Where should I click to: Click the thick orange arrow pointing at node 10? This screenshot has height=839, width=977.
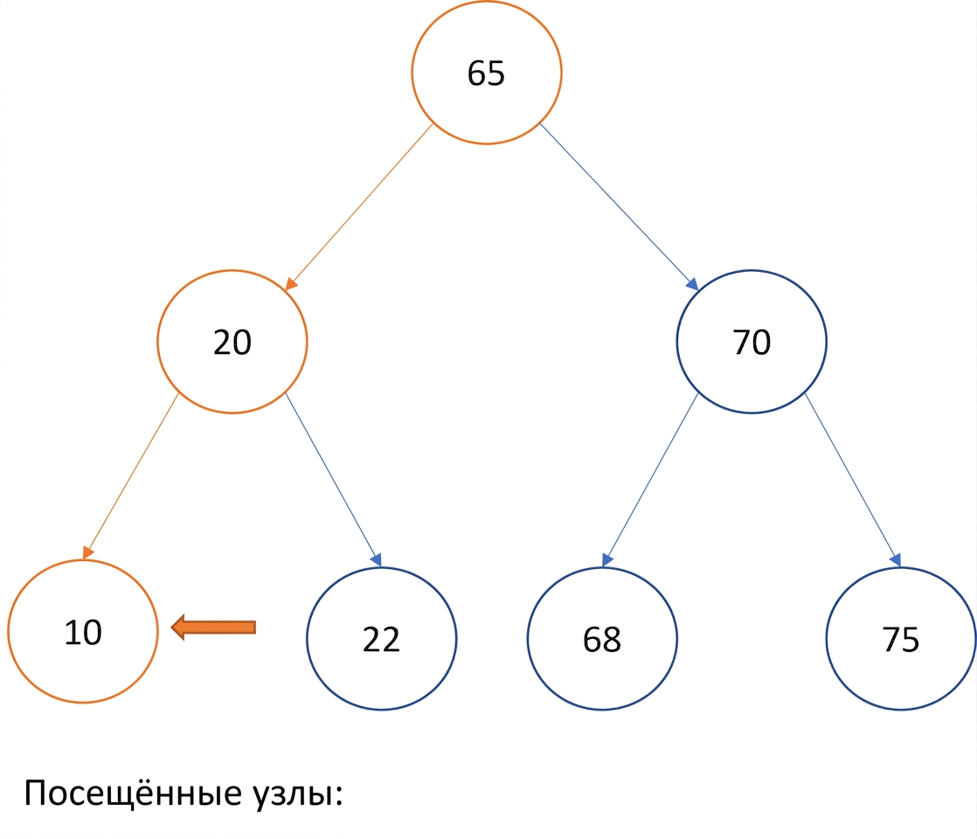pyautogui.click(x=213, y=628)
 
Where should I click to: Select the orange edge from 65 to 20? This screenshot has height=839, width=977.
pyautogui.click(x=359, y=207)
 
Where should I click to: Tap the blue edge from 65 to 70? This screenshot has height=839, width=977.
pyautogui.click(x=619, y=207)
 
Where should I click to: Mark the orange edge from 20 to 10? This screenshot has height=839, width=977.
pyautogui.click(x=131, y=476)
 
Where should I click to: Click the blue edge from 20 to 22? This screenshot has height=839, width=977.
pyautogui.click(x=333, y=480)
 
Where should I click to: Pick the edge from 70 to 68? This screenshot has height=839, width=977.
pyautogui.click(x=650, y=480)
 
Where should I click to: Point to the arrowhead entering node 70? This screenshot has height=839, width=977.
pyautogui.click(x=693, y=284)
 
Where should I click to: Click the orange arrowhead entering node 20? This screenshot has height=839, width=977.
pyautogui.click(x=290, y=284)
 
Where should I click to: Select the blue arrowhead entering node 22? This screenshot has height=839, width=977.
pyautogui.click(x=377, y=559)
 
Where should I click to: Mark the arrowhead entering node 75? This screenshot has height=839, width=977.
pyautogui.click(x=896, y=559)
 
